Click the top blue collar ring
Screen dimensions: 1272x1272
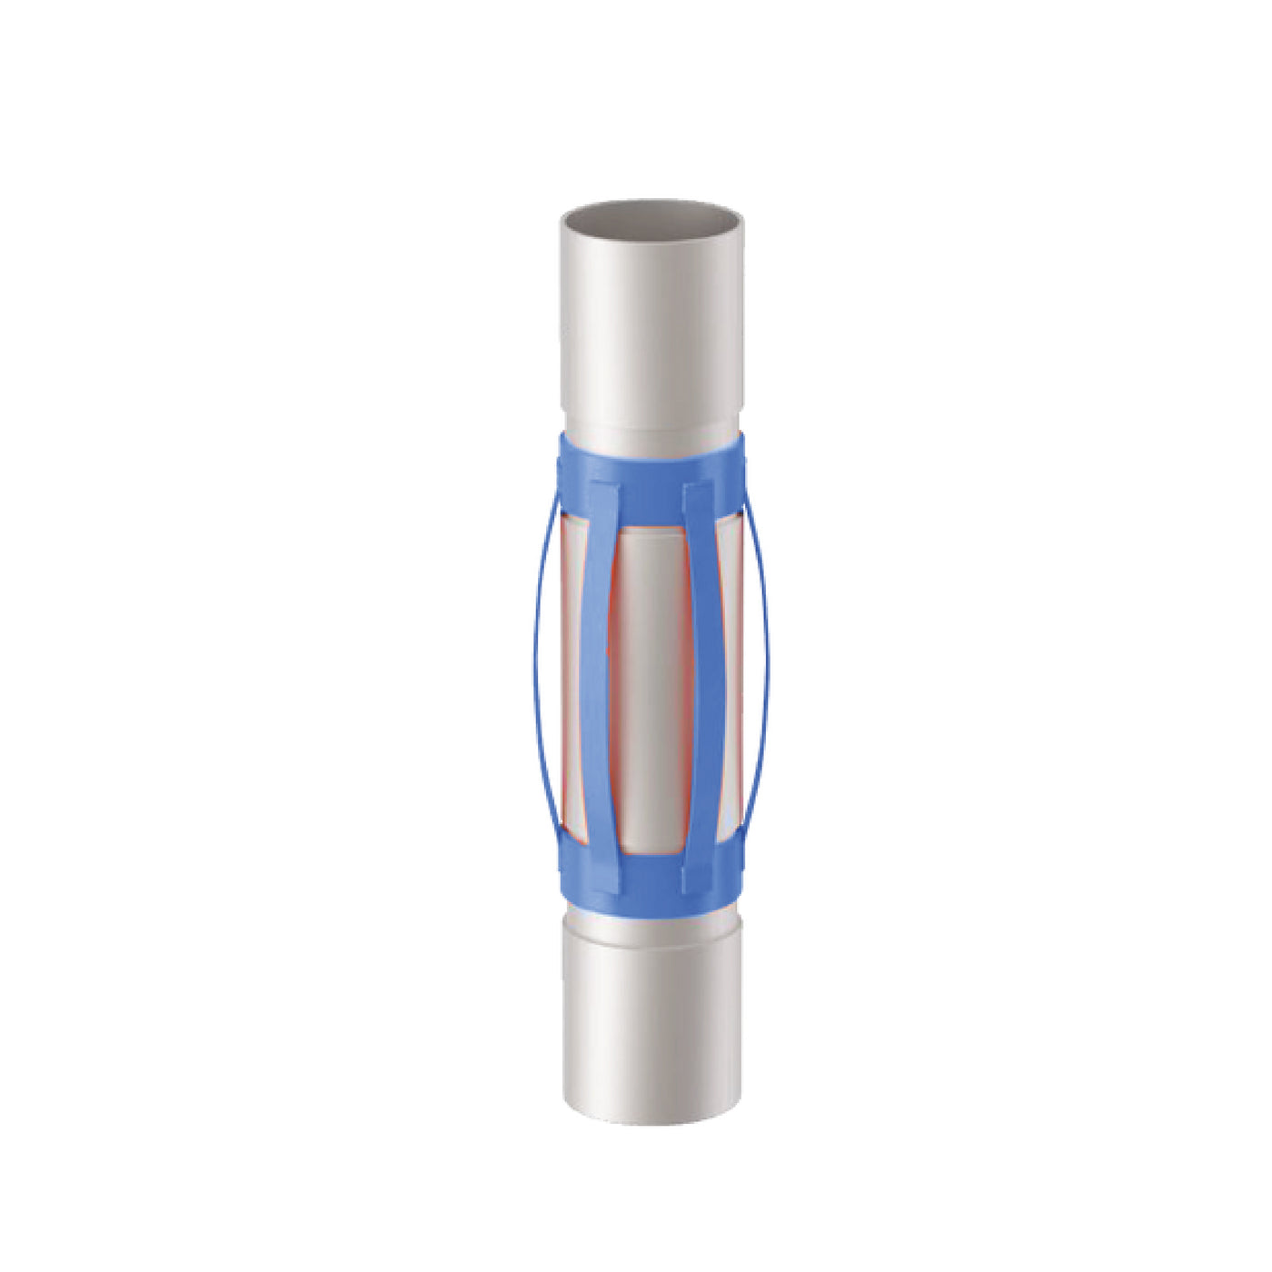[x=651, y=454]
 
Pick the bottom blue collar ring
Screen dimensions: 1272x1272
[x=651, y=886]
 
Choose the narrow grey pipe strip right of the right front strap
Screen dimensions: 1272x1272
[x=729, y=672]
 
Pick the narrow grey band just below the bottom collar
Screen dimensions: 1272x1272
[x=651, y=919]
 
